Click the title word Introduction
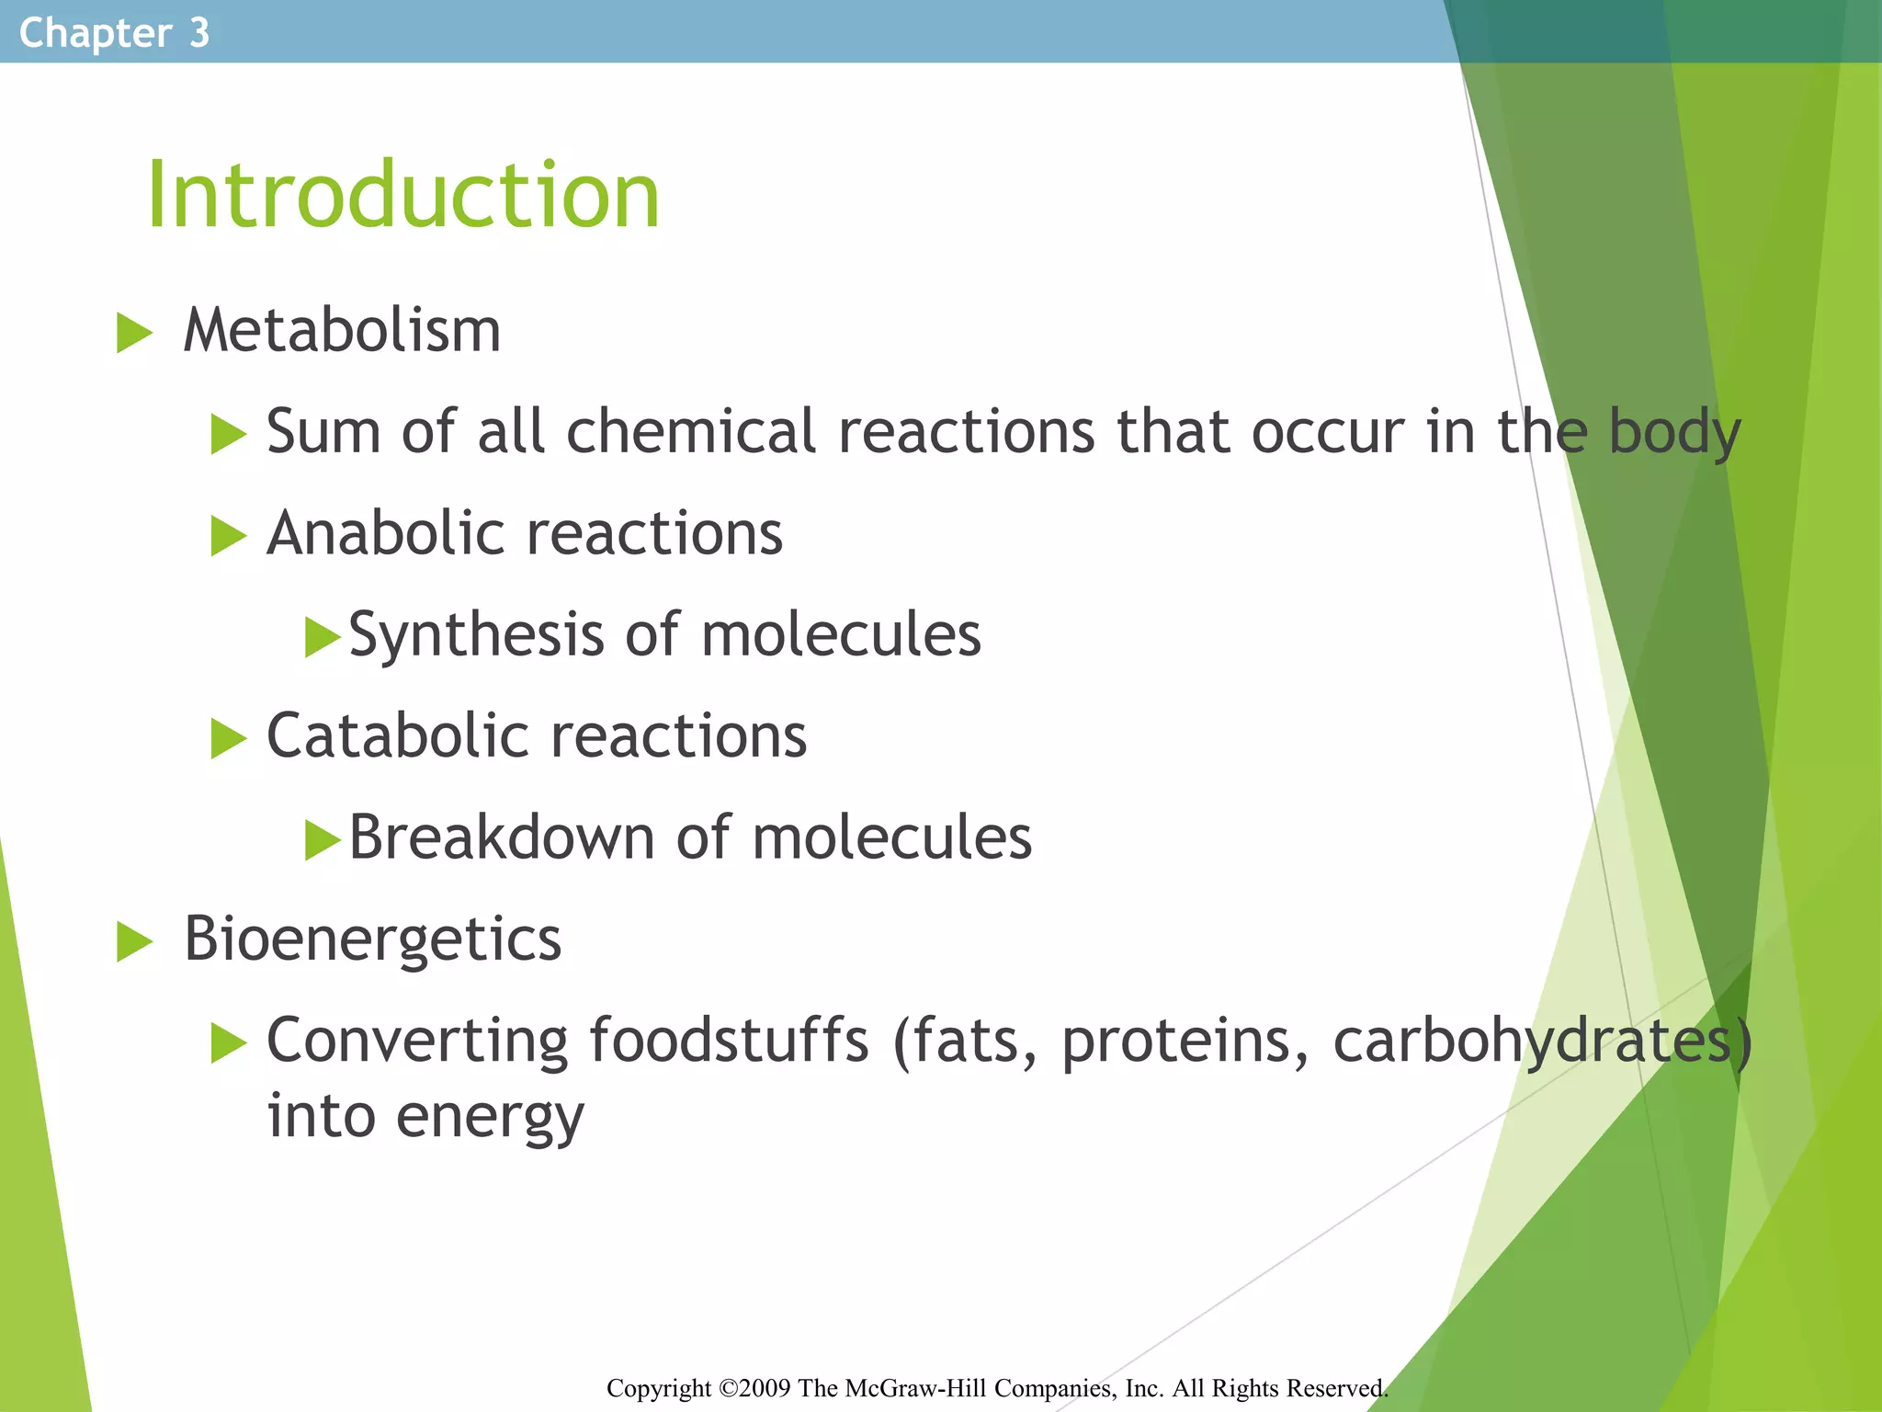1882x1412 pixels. (402, 195)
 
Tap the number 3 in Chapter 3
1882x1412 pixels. (199, 33)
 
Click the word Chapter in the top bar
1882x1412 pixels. (95, 33)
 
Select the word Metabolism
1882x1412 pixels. (342, 330)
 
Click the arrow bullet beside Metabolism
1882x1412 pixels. (134, 333)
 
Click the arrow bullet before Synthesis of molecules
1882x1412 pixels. (322, 637)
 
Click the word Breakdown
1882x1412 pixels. (501, 837)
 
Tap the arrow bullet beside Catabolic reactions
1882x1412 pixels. (228, 739)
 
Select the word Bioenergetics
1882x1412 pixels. (372, 939)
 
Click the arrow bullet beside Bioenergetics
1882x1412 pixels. (134, 942)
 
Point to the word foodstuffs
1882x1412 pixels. (728, 1041)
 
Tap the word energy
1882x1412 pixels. (490, 1117)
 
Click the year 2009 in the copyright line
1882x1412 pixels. (765, 1388)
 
